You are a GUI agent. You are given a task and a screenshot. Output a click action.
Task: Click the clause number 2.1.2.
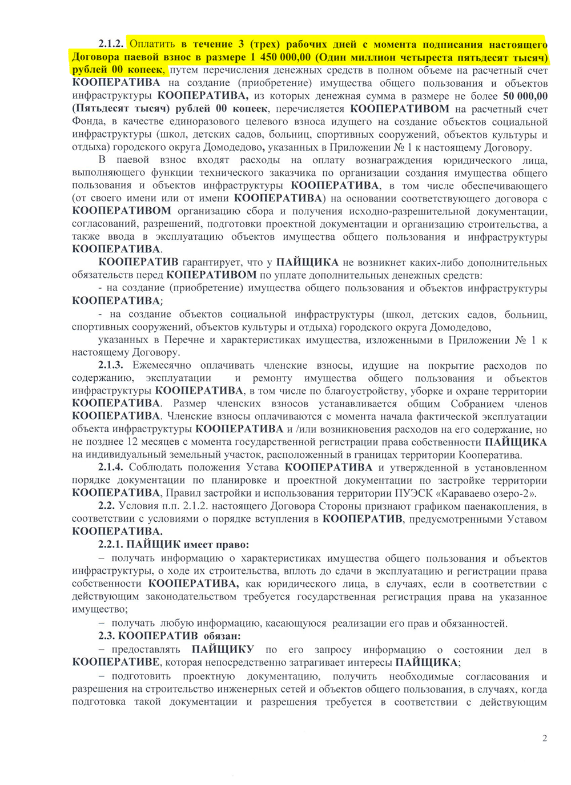click(111, 44)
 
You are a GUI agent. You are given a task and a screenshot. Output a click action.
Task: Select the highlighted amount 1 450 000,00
click(280, 57)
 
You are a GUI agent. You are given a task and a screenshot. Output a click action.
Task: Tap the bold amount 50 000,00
click(525, 96)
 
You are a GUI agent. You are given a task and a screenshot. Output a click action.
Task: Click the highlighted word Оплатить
click(152, 44)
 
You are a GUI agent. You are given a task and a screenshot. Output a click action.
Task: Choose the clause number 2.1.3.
click(111, 365)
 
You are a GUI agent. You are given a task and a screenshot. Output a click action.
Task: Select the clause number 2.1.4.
click(111, 468)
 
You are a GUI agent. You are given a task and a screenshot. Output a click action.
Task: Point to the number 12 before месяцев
click(132, 442)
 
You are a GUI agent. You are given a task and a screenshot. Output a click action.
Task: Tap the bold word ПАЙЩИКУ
click(223, 650)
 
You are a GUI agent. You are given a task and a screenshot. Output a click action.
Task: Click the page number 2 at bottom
click(545, 738)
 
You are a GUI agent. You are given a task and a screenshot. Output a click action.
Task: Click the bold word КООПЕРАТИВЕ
click(116, 662)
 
